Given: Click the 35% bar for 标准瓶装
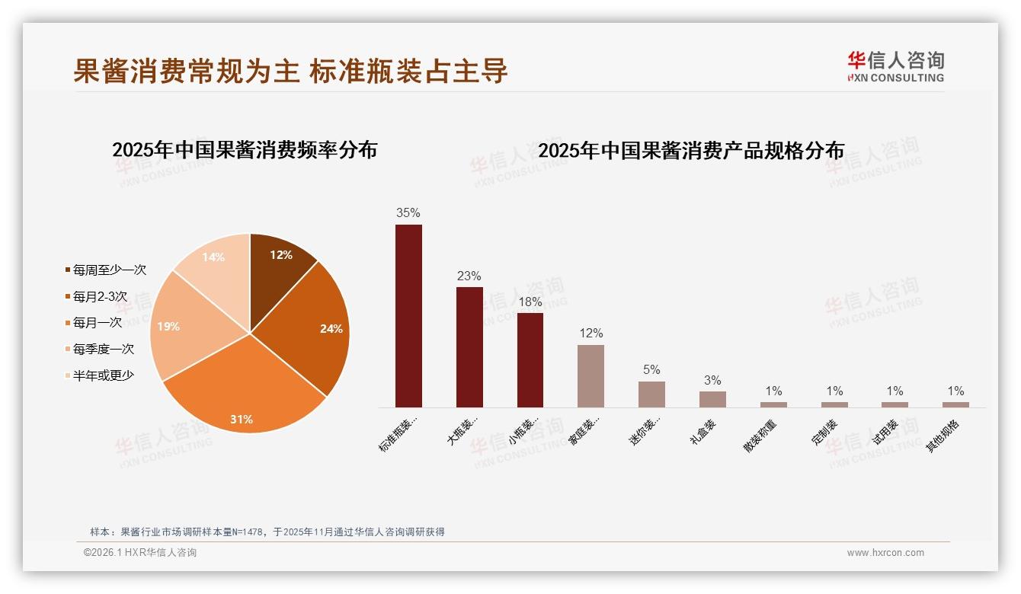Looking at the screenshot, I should [408, 316].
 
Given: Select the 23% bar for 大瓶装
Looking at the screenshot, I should [469, 347].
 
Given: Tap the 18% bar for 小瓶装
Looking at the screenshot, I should [530, 360].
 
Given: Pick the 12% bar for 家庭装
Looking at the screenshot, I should [591, 376].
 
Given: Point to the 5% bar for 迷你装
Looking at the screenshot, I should [651, 394].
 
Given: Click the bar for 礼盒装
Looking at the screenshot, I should [712, 399].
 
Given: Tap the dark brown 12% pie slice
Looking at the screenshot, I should [278, 267].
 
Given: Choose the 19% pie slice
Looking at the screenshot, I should [183, 327].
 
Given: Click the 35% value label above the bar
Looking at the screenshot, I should [408, 213].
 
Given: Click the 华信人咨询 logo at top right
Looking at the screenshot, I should [895, 66].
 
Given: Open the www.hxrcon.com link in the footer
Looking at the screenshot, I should [885, 553].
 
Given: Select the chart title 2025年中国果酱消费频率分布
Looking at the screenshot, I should [245, 150].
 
